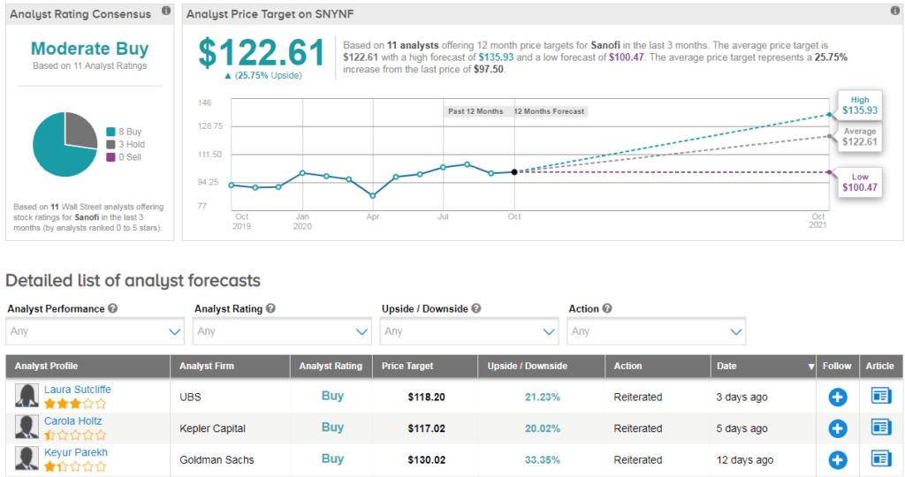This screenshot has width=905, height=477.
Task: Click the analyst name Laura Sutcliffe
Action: [78, 390]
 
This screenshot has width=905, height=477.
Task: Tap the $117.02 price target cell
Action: [426, 428]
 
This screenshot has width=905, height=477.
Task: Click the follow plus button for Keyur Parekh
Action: [838, 460]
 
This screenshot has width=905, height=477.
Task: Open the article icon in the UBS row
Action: [881, 397]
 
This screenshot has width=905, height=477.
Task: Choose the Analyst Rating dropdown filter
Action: [282, 331]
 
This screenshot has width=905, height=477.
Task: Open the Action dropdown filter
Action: [657, 331]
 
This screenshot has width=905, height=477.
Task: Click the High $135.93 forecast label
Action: [859, 105]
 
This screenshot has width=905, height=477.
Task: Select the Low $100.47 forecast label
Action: [859, 182]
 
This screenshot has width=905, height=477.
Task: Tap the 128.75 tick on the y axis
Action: [210, 126]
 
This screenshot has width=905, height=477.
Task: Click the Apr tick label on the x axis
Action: [373, 216]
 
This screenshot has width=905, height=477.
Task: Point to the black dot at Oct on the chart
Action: [514, 171]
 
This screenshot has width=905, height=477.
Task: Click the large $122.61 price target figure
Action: [262, 54]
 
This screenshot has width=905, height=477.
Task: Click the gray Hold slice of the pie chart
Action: [80, 130]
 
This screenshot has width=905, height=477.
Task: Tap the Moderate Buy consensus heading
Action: [89, 49]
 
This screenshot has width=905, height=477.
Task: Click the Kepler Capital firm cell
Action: [212, 428]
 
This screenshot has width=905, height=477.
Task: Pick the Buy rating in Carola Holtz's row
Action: [332, 428]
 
